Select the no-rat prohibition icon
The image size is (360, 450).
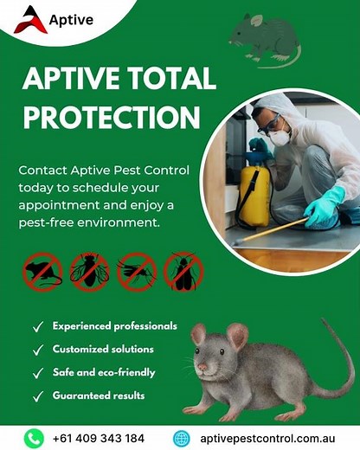[x=42, y=272]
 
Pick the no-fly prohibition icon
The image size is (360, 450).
[x=89, y=272]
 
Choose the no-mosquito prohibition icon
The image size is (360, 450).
[x=135, y=272]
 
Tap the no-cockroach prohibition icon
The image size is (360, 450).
[x=182, y=272]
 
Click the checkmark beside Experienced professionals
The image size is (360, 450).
[x=38, y=327]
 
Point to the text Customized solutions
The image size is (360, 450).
[x=103, y=350]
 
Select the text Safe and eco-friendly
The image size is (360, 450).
[x=104, y=373]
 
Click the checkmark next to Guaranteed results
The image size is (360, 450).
[x=38, y=396]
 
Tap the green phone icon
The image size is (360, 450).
[x=34, y=437]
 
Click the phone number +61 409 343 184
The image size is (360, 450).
[x=97, y=437]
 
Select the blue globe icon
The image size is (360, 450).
[x=182, y=437]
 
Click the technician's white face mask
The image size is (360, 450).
[x=279, y=137]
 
